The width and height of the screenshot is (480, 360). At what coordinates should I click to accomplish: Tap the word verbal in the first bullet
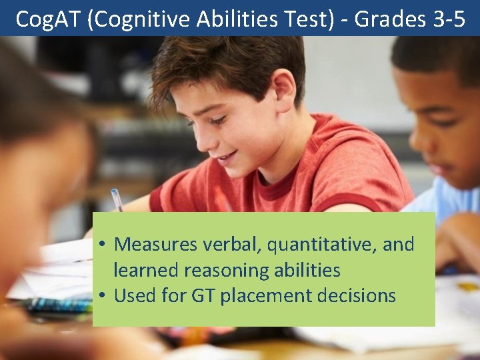tap(231, 245)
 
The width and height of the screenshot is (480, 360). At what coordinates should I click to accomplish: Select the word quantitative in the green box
tap(322, 245)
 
